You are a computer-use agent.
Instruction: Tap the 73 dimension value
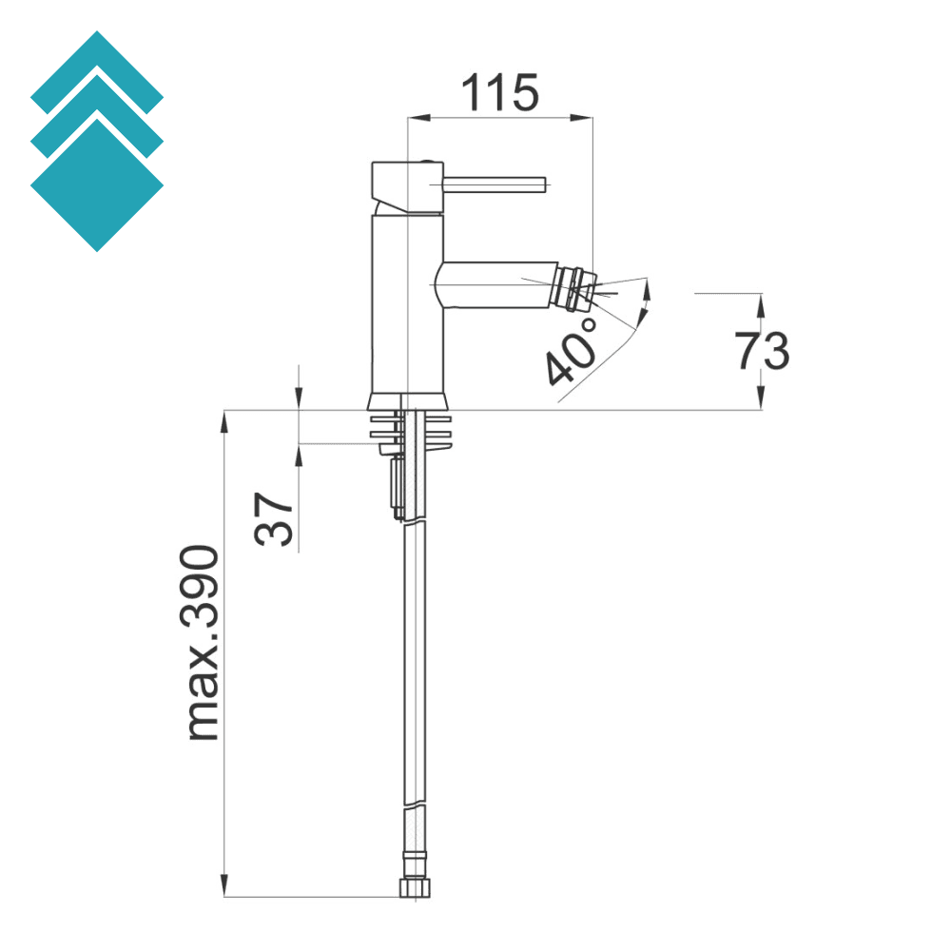tap(762, 351)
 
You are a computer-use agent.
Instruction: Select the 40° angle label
tap(574, 352)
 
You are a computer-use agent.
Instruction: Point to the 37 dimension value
tap(274, 518)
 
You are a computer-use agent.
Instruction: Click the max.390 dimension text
tap(203, 643)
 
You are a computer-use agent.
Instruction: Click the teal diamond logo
tap(97, 143)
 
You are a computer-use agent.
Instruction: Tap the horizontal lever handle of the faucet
tap(495, 183)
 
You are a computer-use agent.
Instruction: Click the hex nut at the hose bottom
tap(413, 887)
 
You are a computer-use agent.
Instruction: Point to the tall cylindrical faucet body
tap(406, 304)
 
